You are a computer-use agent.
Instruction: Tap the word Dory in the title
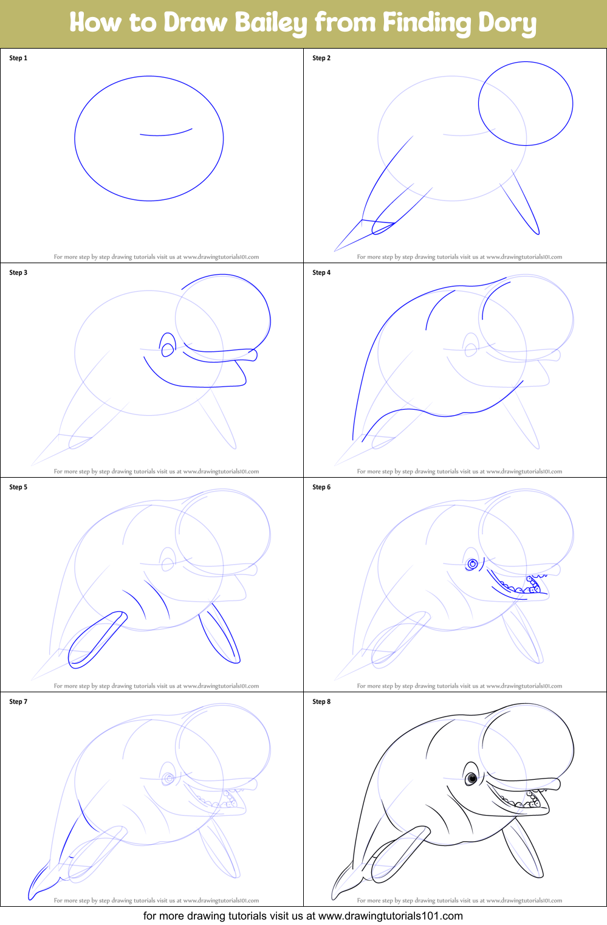507,23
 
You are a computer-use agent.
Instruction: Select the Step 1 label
18,58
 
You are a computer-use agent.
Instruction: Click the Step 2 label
321,58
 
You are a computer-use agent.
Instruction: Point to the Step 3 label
18,273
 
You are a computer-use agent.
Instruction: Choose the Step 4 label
321,273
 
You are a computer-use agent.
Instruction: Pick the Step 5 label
18,487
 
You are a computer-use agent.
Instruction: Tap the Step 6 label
321,487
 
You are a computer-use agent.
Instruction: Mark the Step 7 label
18,702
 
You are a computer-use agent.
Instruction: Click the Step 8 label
321,702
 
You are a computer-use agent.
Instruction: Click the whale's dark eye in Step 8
471,778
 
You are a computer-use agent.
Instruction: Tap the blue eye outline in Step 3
167,345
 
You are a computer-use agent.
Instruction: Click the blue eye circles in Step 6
472,564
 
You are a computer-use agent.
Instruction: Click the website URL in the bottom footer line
390,916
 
